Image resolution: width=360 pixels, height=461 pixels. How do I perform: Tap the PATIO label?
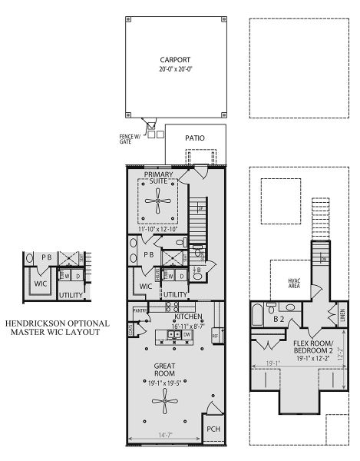click(195, 138)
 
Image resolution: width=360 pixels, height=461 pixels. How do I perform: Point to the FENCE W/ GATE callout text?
click(130, 138)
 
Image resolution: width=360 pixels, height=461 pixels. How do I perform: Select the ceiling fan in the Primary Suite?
click(157, 202)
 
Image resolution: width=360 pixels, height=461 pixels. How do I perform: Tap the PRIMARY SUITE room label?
click(163, 177)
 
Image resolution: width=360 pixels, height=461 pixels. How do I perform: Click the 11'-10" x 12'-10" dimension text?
click(158, 229)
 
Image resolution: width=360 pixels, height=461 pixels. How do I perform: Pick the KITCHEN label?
click(188, 317)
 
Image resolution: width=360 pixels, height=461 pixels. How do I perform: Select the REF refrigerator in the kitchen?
click(215, 335)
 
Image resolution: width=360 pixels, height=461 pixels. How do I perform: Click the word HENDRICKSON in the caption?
click(42, 323)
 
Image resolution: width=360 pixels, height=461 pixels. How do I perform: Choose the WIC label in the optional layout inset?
click(39, 284)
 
